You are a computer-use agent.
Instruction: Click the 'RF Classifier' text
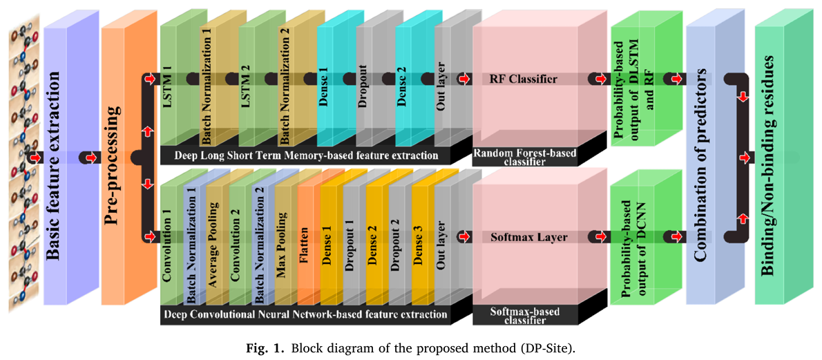523,79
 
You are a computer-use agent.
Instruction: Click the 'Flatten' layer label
305,238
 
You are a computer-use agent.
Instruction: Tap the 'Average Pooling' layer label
213,242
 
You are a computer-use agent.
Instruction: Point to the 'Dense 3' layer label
419,238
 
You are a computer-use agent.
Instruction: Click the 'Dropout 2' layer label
396,238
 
